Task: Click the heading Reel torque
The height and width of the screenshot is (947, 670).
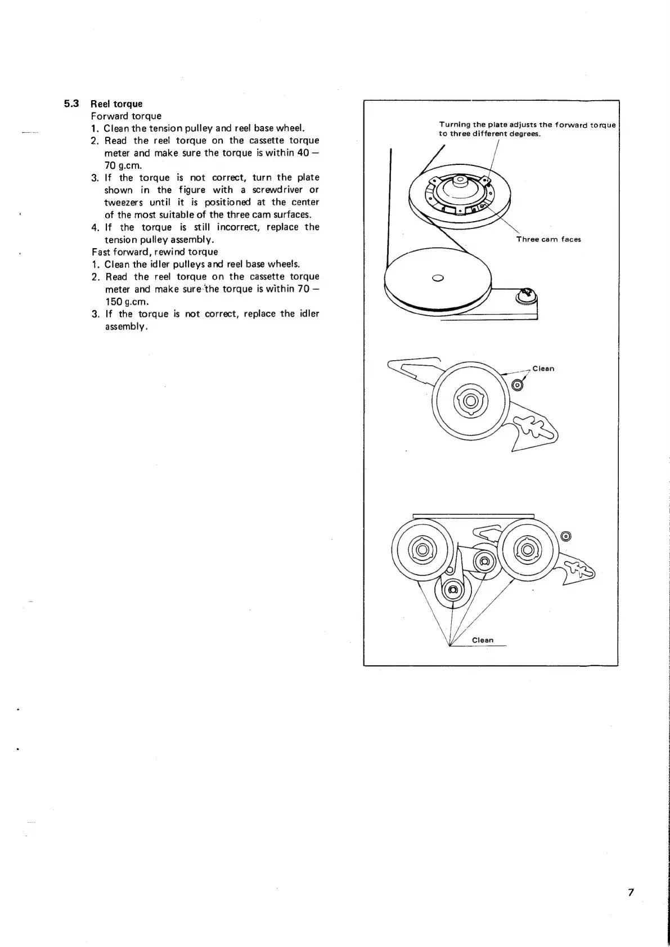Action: pyautogui.click(x=116, y=104)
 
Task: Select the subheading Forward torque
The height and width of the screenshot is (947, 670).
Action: pyautogui.click(x=126, y=116)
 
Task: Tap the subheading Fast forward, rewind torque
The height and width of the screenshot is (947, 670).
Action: pyautogui.click(x=155, y=252)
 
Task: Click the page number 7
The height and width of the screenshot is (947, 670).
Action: pyautogui.click(x=631, y=892)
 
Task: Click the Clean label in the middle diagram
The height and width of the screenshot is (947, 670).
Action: pyautogui.click(x=543, y=369)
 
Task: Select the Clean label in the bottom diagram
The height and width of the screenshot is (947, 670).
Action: pyautogui.click(x=483, y=640)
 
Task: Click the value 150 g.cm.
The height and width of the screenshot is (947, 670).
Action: pyautogui.click(x=127, y=301)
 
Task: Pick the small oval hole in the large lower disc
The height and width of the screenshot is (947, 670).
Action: pyautogui.click(x=438, y=277)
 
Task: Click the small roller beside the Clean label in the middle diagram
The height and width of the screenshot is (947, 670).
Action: pyautogui.click(x=518, y=385)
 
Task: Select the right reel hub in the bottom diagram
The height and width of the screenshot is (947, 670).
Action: pyautogui.click(x=527, y=549)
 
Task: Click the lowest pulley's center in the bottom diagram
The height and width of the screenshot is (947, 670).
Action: pyautogui.click(x=453, y=590)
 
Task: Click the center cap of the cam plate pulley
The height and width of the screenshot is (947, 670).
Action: pyautogui.click(x=460, y=181)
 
